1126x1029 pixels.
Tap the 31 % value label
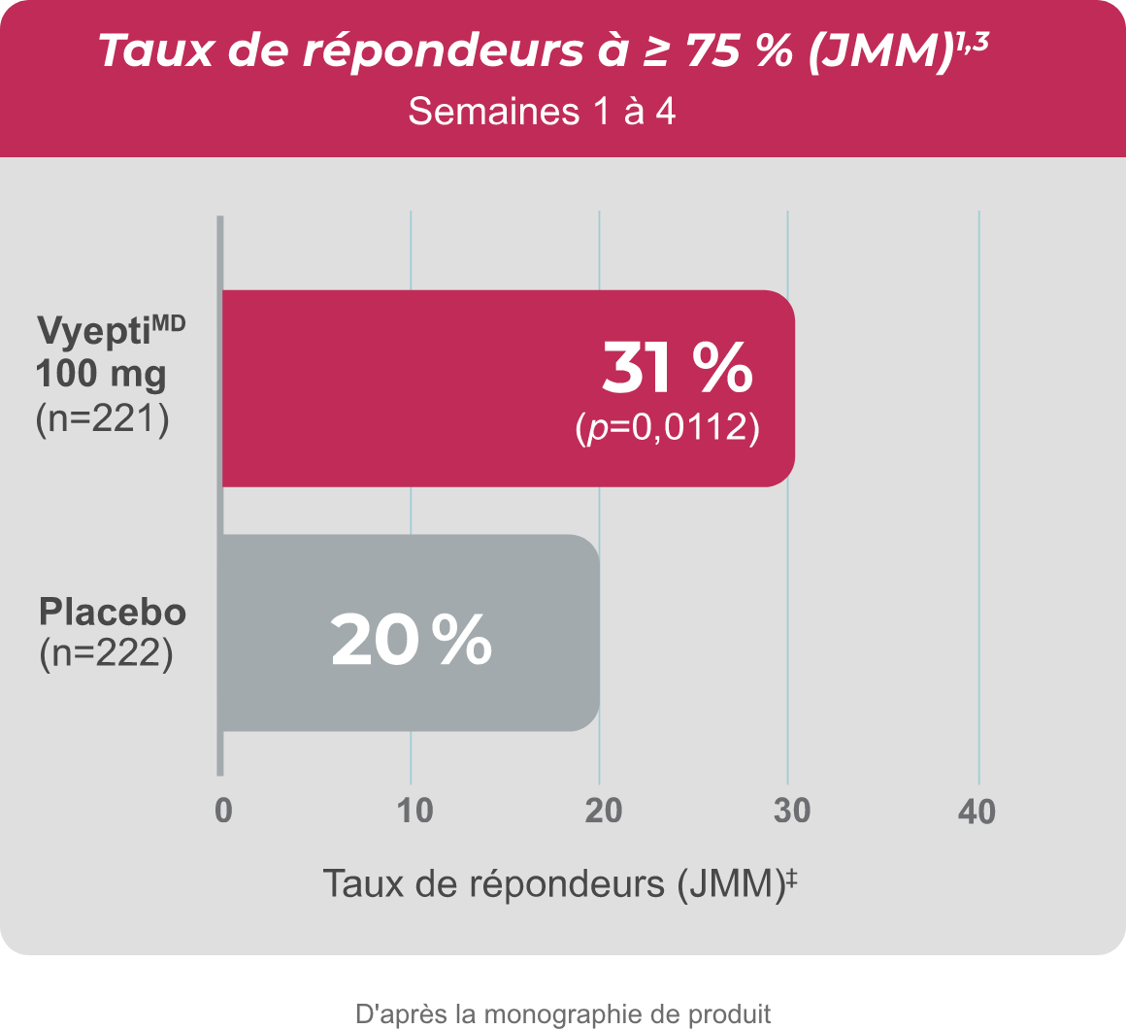coord(677,368)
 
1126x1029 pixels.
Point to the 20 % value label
coord(411,642)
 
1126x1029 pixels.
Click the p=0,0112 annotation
coord(667,427)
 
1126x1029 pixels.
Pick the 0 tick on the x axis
coord(223,812)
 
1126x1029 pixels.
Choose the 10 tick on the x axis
coord(414,812)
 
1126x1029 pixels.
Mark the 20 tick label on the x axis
coord(603,812)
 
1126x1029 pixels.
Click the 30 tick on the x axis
coord(792,812)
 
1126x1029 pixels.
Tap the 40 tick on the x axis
coord(977,812)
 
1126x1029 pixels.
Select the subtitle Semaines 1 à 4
coord(542,112)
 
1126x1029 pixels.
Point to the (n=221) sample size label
coord(102,421)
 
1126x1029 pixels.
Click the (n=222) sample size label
coord(106,652)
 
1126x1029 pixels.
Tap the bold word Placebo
coord(113,614)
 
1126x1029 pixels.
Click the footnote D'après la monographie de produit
coord(563,1014)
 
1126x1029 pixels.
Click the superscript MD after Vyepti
coord(167,323)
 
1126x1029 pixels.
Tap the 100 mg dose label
coord(101,373)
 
